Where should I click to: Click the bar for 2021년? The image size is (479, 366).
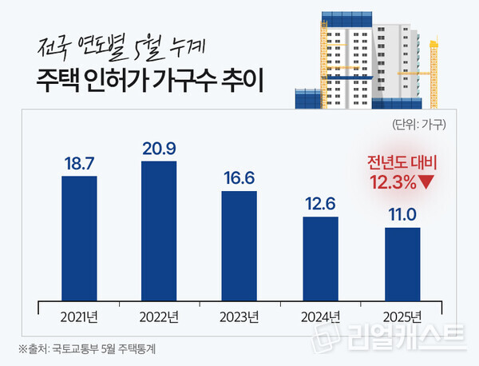(x=78, y=237)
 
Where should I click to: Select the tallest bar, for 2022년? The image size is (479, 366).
(x=159, y=230)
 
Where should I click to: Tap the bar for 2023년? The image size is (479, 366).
(x=239, y=245)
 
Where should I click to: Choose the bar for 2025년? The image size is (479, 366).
(x=402, y=264)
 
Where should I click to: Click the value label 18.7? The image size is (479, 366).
(x=78, y=163)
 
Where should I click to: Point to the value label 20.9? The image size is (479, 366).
(x=159, y=149)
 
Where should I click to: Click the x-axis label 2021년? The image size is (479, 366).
(x=78, y=316)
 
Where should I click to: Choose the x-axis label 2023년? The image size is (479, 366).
(x=239, y=316)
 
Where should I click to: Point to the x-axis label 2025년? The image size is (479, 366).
(x=402, y=316)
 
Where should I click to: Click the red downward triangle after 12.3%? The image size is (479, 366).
(x=427, y=181)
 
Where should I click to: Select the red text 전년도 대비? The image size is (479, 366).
(x=402, y=163)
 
